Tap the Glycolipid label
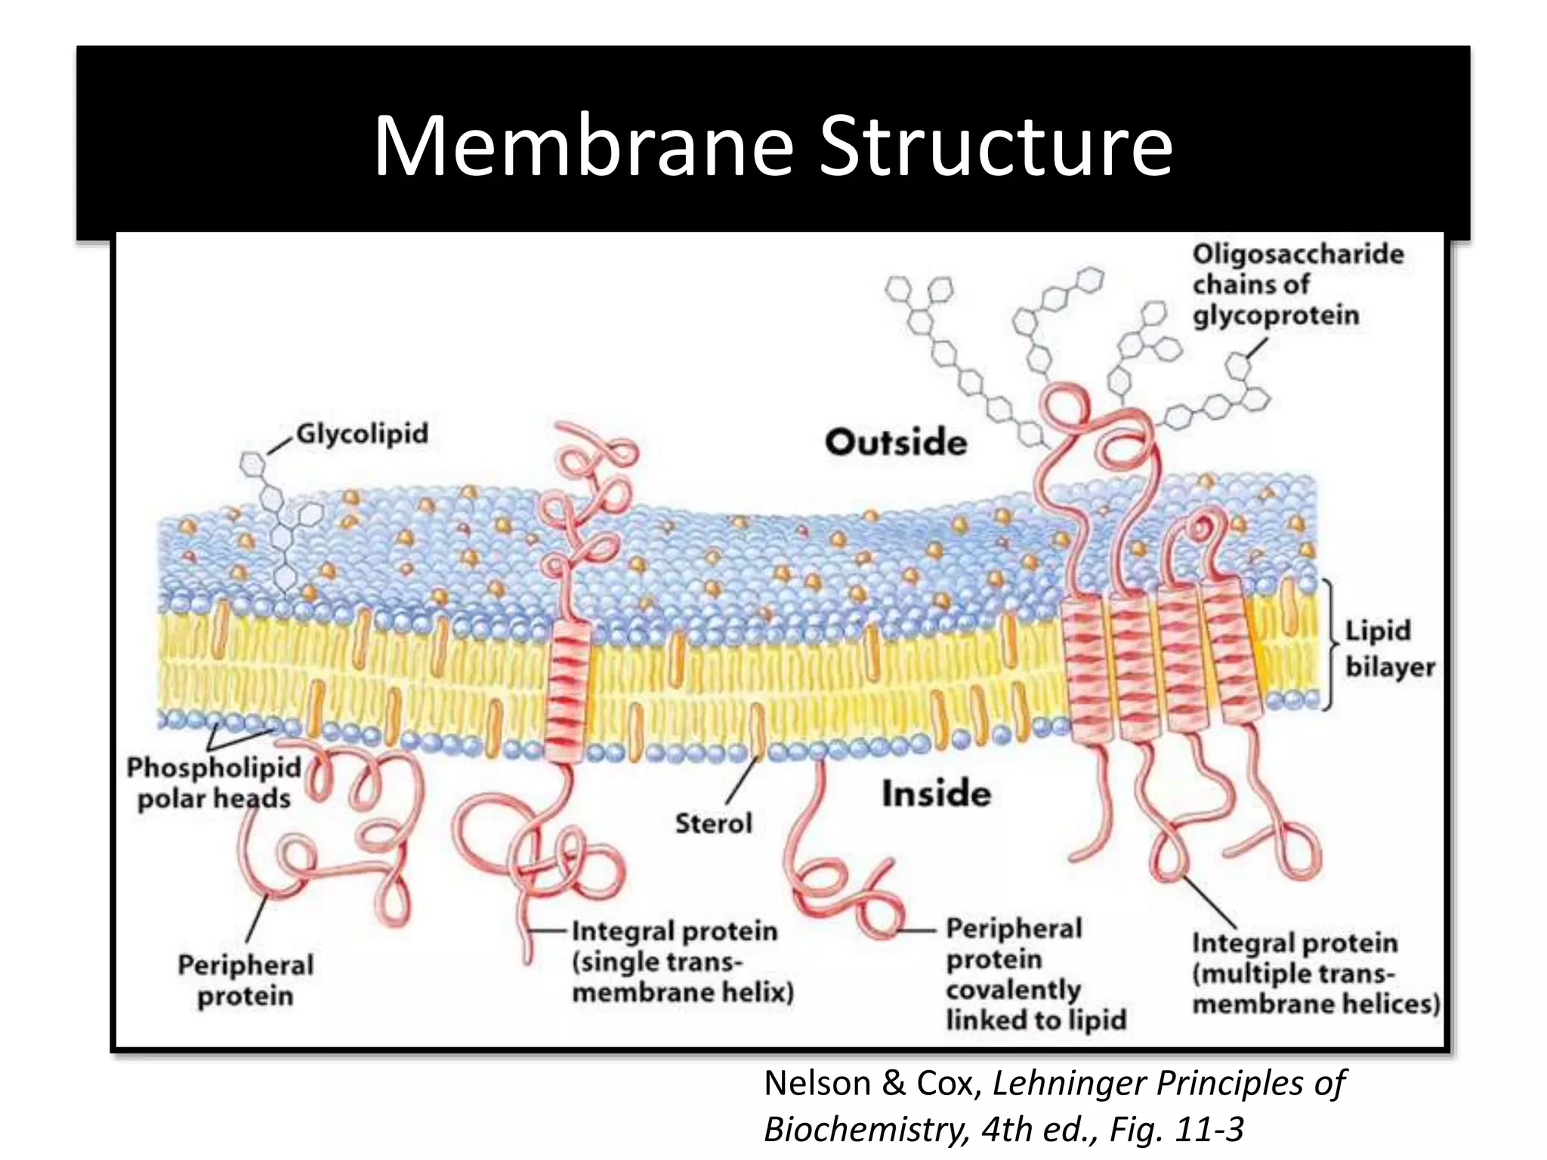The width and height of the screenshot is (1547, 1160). coord(362,433)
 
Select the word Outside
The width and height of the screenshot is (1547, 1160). coord(896,442)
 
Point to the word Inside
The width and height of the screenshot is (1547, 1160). coord(936,794)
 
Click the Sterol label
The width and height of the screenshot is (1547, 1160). coord(713,823)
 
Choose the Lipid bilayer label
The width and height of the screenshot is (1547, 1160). coord(1388,649)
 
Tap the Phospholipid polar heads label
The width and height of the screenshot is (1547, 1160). coord(213,783)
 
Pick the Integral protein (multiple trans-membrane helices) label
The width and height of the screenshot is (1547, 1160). coord(1315,973)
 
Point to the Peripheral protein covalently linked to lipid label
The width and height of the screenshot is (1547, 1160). coord(1034,974)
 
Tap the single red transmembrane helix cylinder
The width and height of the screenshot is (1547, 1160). coord(567,692)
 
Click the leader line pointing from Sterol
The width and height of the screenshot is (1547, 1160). coord(742,781)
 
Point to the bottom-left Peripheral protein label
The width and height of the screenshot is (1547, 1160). coord(245,980)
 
